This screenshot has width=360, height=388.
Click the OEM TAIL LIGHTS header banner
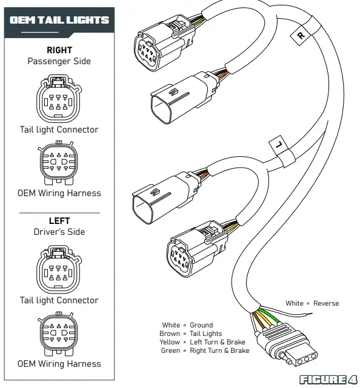click(x=59, y=20)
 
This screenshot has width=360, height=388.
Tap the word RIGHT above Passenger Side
click(x=59, y=50)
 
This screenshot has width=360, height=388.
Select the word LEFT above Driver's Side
click(x=59, y=221)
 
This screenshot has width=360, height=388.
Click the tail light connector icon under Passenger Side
click(x=58, y=99)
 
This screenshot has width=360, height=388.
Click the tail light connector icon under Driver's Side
click(x=58, y=269)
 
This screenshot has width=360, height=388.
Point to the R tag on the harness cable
click(x=301, y=35)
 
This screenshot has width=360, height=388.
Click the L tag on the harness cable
click(x=277, y=145)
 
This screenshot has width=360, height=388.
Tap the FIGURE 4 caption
click(x=328, y=380)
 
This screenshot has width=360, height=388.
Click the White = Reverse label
click(x=312, y=303)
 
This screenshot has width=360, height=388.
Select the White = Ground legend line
click(x=187, y=325)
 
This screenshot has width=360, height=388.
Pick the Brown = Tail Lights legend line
click(x=191, y=334)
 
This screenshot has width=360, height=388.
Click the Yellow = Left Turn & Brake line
click(x=202, y=342)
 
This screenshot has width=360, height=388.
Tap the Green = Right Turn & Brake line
click(x=205, y=350)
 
